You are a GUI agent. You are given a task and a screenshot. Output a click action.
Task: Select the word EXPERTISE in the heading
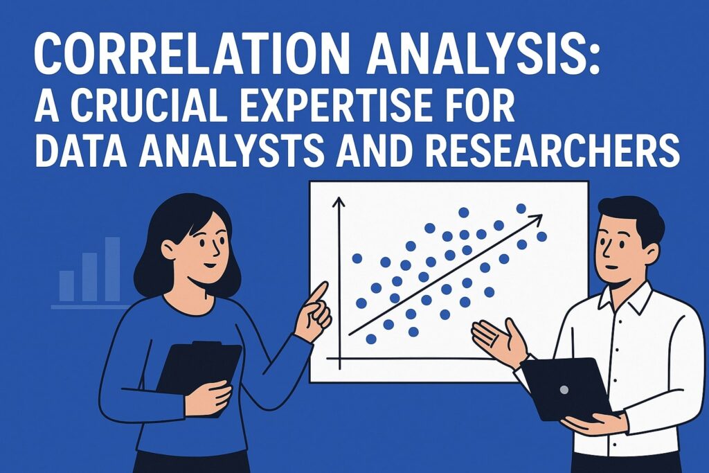(337, 106)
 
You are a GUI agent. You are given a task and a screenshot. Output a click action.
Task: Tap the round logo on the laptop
(564, 389)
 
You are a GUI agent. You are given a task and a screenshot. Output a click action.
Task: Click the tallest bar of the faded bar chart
(113, 269)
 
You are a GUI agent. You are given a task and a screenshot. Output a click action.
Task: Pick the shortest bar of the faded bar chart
(67, 286)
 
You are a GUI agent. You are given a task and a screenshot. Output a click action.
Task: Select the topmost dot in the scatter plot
(521, 208)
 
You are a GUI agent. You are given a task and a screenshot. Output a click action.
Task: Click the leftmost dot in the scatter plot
(357, 258)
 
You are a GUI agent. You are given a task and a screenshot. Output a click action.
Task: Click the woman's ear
(168, 248)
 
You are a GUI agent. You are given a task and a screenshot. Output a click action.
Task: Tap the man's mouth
(611, 267)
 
